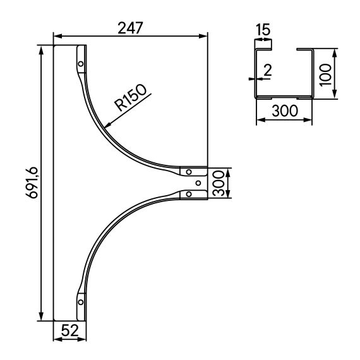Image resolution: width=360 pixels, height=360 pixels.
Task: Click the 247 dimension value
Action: coord(131,28)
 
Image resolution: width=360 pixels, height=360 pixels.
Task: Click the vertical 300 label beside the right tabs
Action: coord(218,183)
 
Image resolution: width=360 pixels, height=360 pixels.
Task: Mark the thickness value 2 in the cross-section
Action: coord(267,70)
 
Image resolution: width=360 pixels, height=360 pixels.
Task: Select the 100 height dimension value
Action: coord(344,73)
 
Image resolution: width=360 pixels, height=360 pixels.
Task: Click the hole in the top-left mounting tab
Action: coord(80,63)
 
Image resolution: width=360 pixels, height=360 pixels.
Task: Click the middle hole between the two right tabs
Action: coord(198,183)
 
